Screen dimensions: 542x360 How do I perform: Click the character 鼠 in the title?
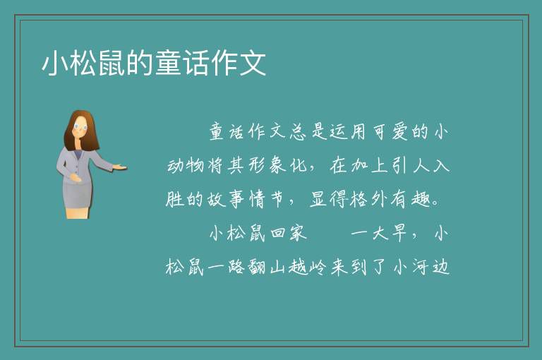112,63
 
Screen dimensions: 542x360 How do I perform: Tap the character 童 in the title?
169,63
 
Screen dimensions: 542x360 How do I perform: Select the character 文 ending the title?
253,63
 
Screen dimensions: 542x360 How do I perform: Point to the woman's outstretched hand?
119,167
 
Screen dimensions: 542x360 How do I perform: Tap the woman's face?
80,127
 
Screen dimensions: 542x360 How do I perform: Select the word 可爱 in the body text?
390,131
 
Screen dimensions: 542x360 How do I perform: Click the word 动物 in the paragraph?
186,165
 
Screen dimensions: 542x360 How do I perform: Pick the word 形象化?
268,165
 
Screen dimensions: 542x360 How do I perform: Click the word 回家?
289,233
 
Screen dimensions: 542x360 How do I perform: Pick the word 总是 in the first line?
308,131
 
